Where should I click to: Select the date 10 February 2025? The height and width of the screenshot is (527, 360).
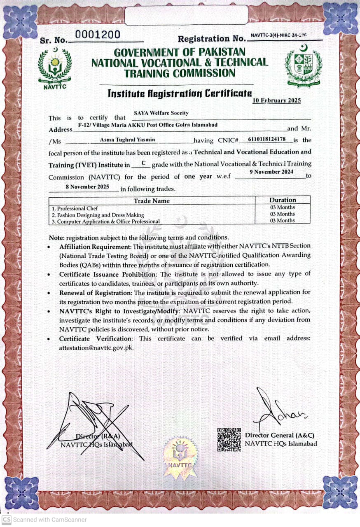click(276, 100)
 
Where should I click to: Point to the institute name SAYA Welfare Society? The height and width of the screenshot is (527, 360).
click(161, 113)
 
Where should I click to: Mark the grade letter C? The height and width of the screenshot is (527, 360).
click(144, 163)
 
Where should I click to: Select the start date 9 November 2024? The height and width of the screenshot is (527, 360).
click(271, 172)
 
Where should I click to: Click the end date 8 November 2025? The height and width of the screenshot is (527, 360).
click(84, 187)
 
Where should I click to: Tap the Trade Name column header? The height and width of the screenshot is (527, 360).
click(152, 201)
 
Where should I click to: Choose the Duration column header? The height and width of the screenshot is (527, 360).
click(283, 200)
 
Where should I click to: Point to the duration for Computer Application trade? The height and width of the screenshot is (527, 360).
click(283, 221)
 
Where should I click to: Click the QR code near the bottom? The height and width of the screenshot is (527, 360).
click(229, 440)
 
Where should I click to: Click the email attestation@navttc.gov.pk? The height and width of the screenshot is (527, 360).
click(96, 347)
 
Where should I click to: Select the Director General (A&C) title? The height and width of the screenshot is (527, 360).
click(281, 435)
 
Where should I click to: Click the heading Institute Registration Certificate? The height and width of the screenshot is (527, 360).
click(180, 93)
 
